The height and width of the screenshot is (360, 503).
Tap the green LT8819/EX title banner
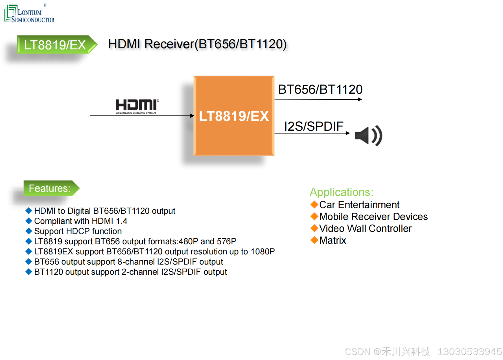pos(55,45)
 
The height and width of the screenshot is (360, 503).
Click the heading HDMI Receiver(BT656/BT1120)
pos(197,44)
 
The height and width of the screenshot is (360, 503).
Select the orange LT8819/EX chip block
pos(234,116)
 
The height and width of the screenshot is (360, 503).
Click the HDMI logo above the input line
pos(137,106)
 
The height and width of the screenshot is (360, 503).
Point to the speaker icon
pos(368,136)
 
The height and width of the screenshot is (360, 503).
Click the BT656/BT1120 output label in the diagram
pos(320,90)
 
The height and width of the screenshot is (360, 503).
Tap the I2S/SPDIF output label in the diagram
pos(314,126)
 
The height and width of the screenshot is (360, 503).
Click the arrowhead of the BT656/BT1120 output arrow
pos(360,99)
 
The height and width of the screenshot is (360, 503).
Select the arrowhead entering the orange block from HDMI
pos(192,116)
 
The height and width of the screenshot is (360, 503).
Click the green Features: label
pos(50,188)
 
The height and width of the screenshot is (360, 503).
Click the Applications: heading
pos(342,192)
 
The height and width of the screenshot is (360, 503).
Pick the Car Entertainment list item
pos(359,205)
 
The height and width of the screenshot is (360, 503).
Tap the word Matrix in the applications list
pos(333,240)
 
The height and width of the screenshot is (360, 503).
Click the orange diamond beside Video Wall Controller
pos(314,228)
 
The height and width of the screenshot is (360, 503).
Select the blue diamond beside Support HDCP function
pos(29,231)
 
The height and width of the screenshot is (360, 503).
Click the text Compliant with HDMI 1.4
pos(81,221)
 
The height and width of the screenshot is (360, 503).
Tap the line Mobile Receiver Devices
pos(373,217)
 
